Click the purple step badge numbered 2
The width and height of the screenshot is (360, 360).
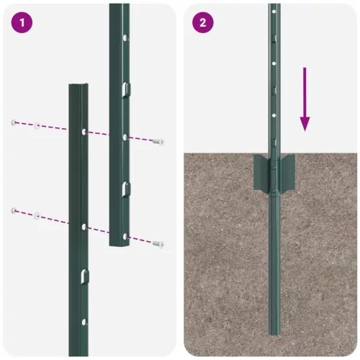tap(202, 22)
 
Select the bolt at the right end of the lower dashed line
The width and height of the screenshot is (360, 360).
tap(159, 243)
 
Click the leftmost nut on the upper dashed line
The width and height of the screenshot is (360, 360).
tap(14, 123)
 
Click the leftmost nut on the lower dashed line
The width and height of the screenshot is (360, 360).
tap(14, 210)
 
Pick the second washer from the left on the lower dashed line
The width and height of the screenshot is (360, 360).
tap(36, 215)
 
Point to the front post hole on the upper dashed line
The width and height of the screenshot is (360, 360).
tap(84, 132)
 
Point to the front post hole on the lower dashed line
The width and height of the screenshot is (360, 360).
tap(84, 227)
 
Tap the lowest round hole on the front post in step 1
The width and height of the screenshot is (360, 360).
tap(84, 322)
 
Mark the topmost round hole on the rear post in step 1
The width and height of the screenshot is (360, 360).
tap(125, 37)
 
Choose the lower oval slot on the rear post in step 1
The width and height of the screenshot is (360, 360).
tap(125, 188)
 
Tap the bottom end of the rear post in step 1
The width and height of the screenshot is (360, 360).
tap(120, 243)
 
